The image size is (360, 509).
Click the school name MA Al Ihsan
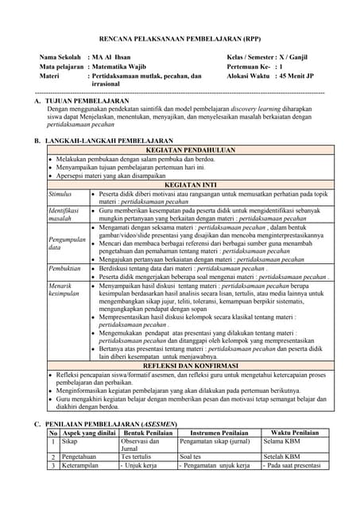112,58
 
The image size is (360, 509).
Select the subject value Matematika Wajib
126,68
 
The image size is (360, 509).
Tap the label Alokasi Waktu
249,77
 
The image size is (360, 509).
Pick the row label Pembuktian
64,269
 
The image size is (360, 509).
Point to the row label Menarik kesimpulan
64,288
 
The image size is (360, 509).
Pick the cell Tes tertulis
135,457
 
